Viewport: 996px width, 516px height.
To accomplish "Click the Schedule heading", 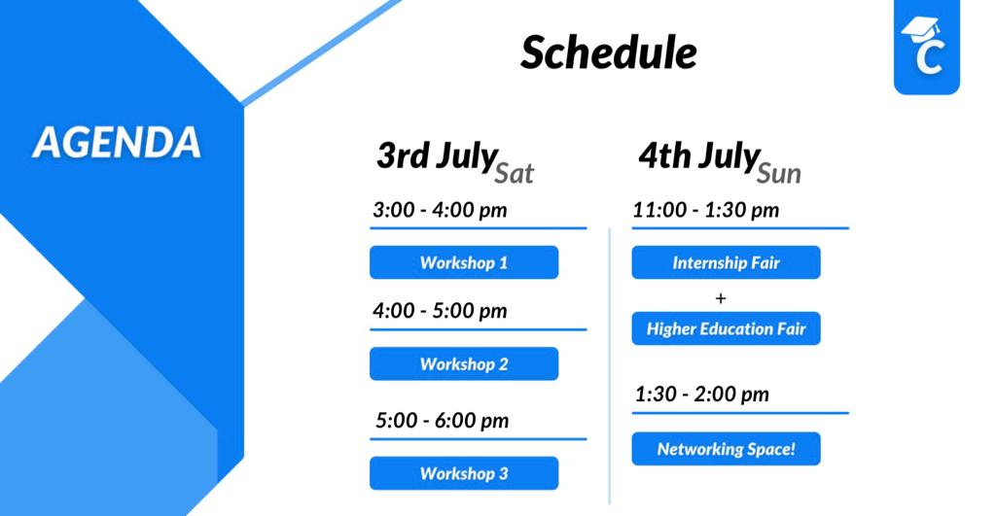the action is point(609,52).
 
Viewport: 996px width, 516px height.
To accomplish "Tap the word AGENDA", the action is point(117,142).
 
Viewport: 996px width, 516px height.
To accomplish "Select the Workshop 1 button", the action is point(464,262).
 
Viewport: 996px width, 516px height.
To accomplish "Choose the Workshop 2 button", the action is point(464,363).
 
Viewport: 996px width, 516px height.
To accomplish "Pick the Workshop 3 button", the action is point(464,473).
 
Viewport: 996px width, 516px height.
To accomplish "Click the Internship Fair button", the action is point(726,262).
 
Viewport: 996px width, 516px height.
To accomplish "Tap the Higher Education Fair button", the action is point(726,328).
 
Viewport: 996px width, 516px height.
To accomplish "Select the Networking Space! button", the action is point(726,449).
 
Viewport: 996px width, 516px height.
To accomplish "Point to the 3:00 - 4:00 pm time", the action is point(440,210).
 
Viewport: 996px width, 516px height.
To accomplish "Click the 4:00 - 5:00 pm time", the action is point(440,311).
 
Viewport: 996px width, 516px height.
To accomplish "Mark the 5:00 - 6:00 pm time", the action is point(443,420).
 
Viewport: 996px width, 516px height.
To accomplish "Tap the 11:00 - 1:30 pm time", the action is point(706,210).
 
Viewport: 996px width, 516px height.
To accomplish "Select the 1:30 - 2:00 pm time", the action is point(702,395).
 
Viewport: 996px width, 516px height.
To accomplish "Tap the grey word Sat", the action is point(514,173).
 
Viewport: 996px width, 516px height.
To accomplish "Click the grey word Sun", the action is point(779,173).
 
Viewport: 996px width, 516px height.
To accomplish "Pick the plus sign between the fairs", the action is point(721,297).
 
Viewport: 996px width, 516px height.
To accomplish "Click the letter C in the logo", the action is point(929,57).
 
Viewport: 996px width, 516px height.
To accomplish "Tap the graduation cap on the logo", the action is point(920,29).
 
